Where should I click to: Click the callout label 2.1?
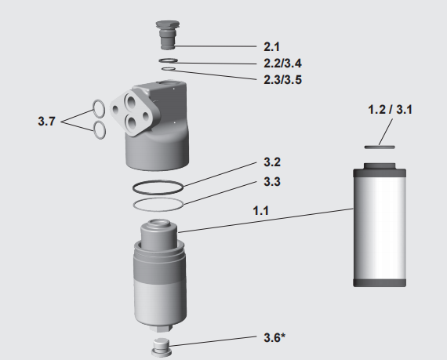tap(271, 47)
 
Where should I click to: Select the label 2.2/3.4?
tap(282, 64)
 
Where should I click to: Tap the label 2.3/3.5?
tap(282, 80)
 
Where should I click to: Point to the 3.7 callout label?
tap(46, 121)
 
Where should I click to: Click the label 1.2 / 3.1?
tap(390, 110)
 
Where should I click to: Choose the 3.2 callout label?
tap(272, 162)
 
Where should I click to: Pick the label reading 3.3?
tap(272, 181)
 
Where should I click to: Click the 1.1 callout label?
tap(261, 211)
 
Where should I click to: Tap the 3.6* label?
tap(274, 338)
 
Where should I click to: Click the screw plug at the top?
tap(167, 35)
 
